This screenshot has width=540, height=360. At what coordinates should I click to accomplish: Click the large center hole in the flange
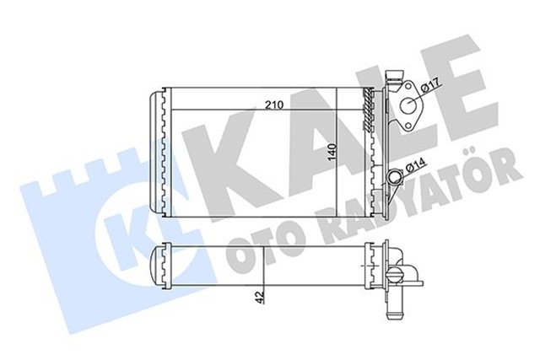(412, 107)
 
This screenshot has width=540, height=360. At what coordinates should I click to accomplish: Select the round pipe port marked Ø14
(396, 176)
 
